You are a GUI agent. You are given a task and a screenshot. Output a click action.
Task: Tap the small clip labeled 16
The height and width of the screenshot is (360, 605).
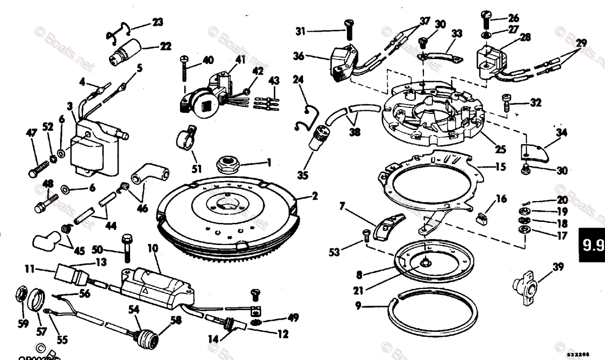pos(482,217)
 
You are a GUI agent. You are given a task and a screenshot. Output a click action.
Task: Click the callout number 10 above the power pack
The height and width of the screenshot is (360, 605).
pos(153,249)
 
